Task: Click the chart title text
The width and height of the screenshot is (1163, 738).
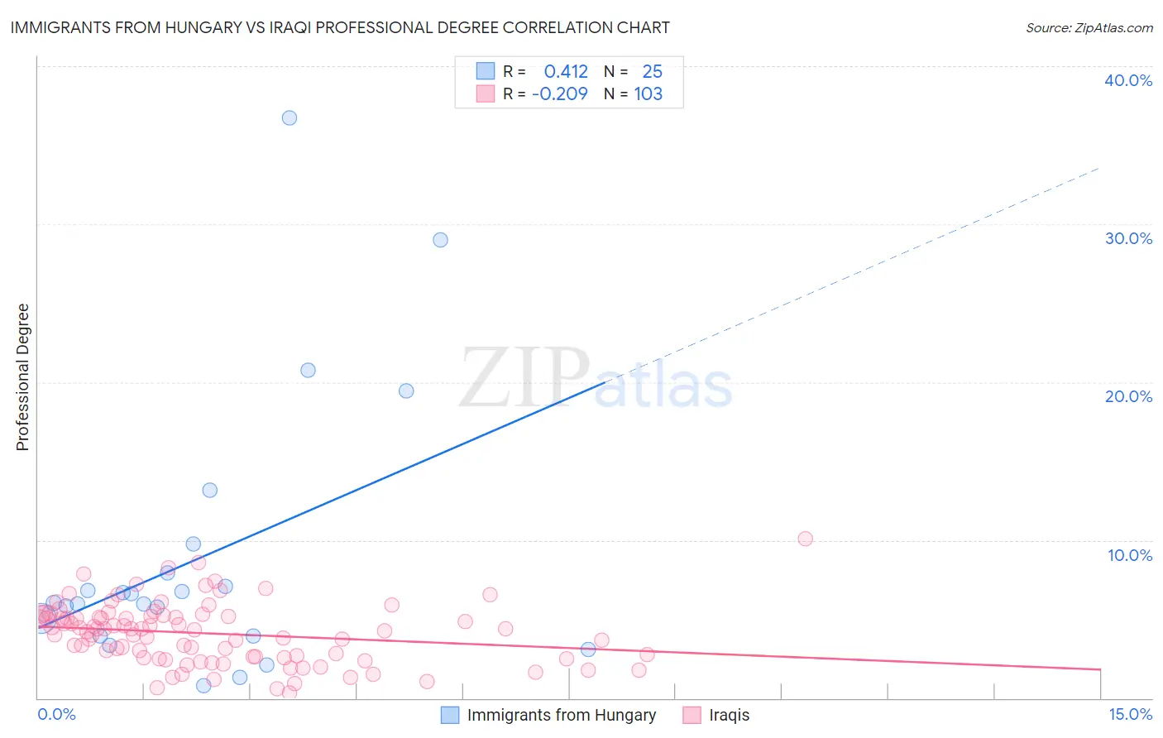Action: tap(340, 27)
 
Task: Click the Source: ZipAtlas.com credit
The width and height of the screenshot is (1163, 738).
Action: tap(1089, 27)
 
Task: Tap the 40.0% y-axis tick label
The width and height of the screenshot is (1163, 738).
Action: tap(1128, 80)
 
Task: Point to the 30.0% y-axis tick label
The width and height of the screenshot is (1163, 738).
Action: tap(1128, 238)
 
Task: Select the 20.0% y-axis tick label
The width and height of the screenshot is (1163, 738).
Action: tap(1128, 396)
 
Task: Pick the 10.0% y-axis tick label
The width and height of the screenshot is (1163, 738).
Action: tap(1130, 555)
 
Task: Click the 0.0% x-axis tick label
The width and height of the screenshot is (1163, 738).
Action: tap(56, 714)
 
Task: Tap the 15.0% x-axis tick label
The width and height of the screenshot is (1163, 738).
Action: tap(1130, 714)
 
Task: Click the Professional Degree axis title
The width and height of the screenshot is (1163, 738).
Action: tap(22, 377)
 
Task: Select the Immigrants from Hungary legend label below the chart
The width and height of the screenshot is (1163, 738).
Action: tap(561, 715)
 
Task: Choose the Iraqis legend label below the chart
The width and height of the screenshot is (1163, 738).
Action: tap(729, 715)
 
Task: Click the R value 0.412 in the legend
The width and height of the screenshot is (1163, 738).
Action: tap(566, 72)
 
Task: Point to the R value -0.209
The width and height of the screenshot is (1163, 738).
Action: tap(560, 94)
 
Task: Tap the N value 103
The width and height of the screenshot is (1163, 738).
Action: tap(649, 94)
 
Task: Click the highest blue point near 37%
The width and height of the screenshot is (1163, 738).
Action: tap(290, 117)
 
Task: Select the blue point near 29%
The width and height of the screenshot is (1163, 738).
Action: tap(440, 240)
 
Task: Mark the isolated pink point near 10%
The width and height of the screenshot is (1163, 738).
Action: tap(805, 539)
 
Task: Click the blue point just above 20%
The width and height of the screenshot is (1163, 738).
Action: tap(308, 370)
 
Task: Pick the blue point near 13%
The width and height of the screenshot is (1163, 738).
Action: tap(210, 490)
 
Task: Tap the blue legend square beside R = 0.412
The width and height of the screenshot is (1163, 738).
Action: tap(486, 72)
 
